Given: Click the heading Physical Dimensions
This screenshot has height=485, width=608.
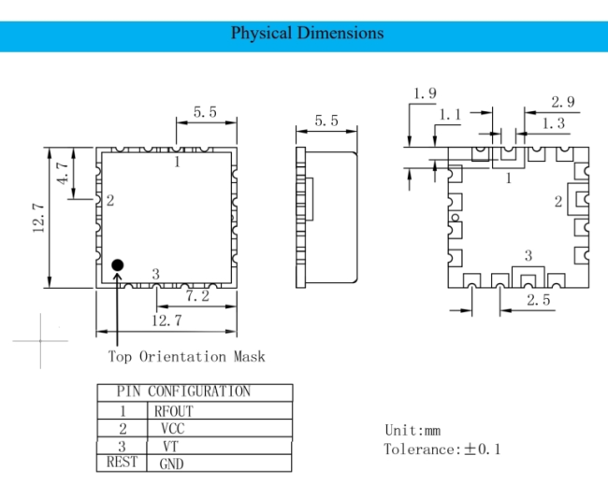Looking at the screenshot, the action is click(307, 34).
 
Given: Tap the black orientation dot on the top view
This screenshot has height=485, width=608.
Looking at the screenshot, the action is click(118, 265).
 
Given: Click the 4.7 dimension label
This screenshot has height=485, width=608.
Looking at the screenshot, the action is click(63, 173).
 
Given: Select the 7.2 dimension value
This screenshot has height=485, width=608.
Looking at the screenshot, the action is click(197, 296).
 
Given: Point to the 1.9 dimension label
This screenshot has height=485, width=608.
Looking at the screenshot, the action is click(425, 93).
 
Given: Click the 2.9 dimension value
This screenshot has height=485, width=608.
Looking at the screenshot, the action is click(562, 102).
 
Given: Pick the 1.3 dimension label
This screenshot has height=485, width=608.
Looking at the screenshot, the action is click(554, 123).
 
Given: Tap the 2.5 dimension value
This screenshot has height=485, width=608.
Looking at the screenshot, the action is click(539, 300).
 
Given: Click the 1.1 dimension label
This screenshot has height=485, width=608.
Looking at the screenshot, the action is click(450, 115).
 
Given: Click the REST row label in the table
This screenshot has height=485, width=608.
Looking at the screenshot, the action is click(122, 462).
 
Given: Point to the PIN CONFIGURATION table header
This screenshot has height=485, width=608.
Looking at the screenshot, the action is click(183, 392).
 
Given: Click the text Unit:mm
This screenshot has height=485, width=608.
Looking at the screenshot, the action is click(413, 431).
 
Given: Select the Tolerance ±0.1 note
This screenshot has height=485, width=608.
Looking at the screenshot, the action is click(442, 449).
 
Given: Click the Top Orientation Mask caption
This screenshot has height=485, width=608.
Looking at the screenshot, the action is click(186, 356).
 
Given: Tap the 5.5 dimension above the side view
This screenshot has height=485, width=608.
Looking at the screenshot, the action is click(326, 121).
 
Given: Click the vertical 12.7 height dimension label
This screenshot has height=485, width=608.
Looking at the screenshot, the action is click(38, 218).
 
